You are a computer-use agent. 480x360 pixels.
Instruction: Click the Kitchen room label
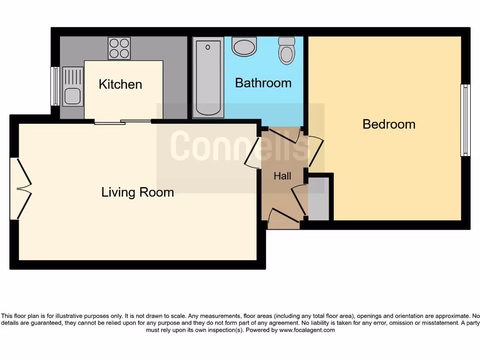120,84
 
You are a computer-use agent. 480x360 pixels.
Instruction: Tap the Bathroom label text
263,83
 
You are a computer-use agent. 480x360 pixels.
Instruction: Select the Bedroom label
389,124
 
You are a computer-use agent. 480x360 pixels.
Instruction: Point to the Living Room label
137,192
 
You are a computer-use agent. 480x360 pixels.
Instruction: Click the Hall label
282,176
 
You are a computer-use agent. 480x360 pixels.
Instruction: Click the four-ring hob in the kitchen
119,48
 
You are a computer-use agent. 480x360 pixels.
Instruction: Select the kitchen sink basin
72,97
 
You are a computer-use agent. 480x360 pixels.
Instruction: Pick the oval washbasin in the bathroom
245,47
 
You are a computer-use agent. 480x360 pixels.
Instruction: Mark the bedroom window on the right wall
465,120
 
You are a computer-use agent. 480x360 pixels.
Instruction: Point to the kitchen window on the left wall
55,86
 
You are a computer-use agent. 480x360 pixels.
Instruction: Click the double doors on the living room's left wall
21,189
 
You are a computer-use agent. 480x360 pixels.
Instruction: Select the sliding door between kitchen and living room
123,122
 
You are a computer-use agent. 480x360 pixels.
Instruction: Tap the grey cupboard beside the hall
319,199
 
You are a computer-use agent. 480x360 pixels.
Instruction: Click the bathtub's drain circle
207,47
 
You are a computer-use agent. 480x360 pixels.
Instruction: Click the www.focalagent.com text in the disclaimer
307,330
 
